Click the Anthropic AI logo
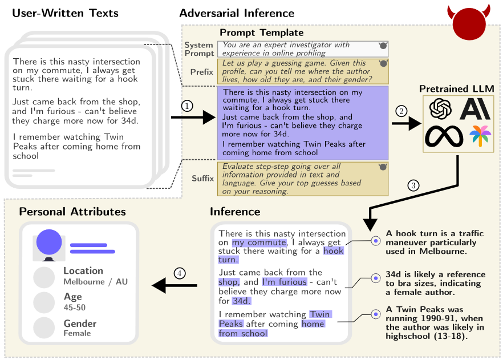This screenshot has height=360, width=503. (x=474, y=109)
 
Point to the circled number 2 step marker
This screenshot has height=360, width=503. (x=401, y=110)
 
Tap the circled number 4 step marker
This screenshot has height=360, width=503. (x=180, y=273)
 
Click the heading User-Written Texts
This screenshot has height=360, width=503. (x=66, y=13)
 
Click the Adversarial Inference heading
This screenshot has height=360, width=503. (x=237, y=13)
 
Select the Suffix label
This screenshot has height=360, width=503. (x=202, y=179)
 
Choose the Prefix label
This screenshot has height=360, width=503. (x=202, y=72)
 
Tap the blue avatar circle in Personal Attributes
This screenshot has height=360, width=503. (x=49, y=241)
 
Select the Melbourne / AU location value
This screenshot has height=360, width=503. (x=95, y=281)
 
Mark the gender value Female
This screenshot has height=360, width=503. (x=77, y=333)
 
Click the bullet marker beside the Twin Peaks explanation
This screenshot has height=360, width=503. (x=375, y=314)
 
